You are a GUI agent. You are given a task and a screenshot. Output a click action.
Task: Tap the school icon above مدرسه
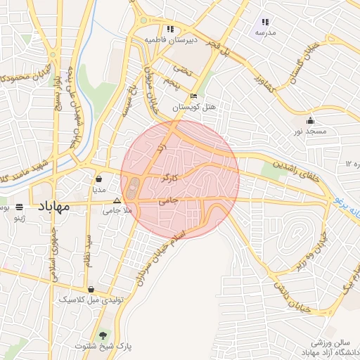coord(265,22)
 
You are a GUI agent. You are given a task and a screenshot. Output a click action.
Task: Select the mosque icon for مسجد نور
coord(310,121)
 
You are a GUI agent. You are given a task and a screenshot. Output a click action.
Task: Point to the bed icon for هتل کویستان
coord(193,96)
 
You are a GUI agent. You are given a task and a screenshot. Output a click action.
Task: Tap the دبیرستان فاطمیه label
coord(169,40)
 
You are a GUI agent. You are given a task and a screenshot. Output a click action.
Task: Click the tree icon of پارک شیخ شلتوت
coord(105,335)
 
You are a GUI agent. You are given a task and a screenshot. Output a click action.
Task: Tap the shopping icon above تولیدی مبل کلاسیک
coord(91,289)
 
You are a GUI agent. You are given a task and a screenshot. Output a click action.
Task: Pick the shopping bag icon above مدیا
coord(99,178)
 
